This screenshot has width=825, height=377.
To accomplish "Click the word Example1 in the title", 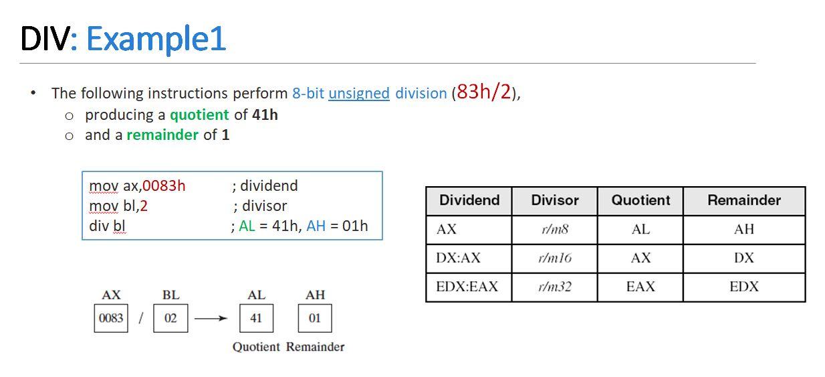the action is (156, 39).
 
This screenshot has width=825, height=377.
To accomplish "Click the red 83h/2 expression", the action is (483, 92).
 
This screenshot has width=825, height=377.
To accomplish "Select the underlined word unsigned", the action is (358, 93).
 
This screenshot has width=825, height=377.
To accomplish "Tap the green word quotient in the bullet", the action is (199, 115).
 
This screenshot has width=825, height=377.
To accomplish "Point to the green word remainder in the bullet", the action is (162, 135).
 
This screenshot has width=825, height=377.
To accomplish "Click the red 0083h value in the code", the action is (164, 185).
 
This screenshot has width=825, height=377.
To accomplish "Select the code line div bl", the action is (107, 226).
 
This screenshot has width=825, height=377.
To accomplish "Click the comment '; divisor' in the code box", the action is (260, 206).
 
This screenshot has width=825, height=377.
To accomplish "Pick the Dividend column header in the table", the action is (469, 200).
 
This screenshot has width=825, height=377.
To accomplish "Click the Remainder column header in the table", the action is (744, 200).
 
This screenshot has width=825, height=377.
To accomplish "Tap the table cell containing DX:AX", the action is (459, 258).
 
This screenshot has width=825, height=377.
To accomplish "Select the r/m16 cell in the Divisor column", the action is (554, 258).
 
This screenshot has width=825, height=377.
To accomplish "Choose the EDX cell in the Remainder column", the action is (744, 287).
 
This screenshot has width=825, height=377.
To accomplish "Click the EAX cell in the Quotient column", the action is (640, 287).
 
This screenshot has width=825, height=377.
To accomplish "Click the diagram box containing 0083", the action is (111, 318).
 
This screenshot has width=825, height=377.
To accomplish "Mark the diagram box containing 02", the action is (170, 318).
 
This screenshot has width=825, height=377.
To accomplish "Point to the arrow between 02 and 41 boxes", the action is (211, 319).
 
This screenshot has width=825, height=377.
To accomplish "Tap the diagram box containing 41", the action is (256, 318).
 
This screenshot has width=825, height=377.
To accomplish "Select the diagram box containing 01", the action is (315, 318).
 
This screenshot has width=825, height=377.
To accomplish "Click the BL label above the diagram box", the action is (170, 295).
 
